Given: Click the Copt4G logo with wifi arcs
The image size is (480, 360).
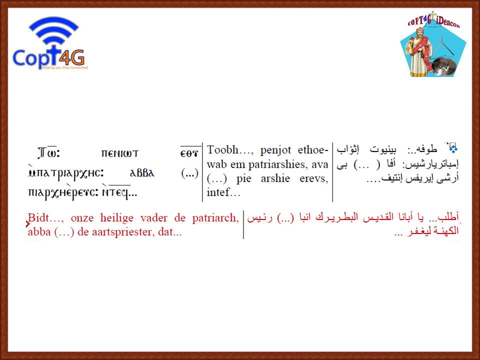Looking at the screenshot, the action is tap(50, 43).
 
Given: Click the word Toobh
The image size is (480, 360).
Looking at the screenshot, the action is tap(222, 149).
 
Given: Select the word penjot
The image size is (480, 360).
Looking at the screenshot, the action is tap(275, 150).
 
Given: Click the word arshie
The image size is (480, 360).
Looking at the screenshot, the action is tap(275, 178).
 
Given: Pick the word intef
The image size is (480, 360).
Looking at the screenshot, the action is tap(218, 192).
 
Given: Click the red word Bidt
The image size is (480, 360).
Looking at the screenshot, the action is tap(38, 217).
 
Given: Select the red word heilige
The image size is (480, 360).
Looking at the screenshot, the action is tap(117, 218).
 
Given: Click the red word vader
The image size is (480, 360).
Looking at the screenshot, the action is tap(153, 217).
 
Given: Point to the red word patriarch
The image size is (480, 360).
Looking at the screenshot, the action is tap(215, 218).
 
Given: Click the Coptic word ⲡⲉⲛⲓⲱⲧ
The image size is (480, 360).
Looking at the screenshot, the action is tap(120, 153).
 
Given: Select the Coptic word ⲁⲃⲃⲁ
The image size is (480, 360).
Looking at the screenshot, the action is tap(142, 173).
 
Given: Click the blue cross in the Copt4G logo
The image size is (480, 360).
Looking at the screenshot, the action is tap(53, 55).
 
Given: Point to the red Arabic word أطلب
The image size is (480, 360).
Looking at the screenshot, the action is tap(448, 217).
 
